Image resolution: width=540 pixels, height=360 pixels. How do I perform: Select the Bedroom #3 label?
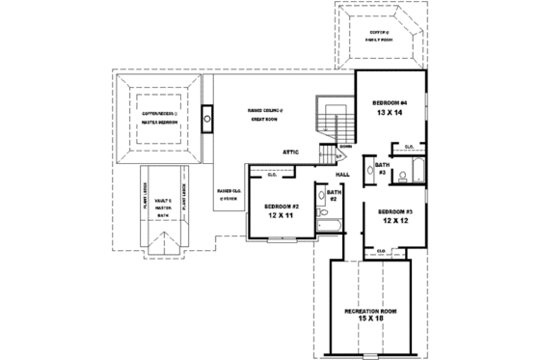coord(395,211)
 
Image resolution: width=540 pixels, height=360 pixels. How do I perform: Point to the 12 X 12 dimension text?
coord(395,222)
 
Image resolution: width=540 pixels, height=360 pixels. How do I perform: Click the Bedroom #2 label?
coord(282,207)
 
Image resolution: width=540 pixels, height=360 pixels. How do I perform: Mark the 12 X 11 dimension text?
coord(282,217)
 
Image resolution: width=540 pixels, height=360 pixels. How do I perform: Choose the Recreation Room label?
coord(370,313)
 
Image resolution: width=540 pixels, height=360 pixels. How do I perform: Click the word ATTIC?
coord(295,152)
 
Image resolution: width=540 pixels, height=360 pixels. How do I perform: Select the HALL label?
coord(342,174)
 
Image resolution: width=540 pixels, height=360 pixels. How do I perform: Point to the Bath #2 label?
coord(334,196)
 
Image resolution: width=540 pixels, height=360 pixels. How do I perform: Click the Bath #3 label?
coord(382,169)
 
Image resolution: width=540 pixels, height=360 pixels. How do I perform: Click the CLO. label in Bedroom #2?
coord(272,175)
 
